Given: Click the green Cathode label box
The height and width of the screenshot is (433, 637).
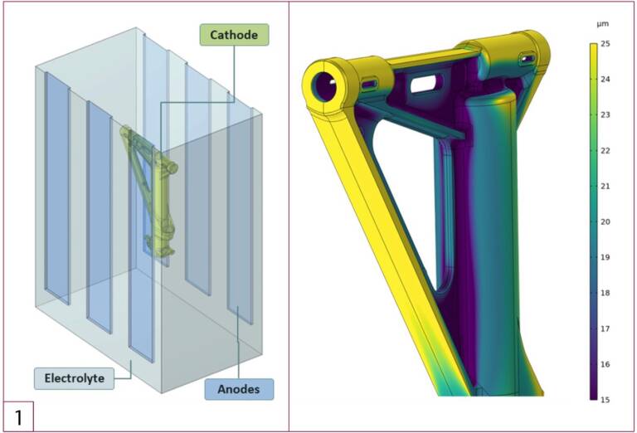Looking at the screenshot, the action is pos(234,35).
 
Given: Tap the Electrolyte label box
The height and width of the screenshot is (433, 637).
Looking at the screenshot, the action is pos(74,378).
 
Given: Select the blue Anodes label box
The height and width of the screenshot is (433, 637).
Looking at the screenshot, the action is pos(239,389).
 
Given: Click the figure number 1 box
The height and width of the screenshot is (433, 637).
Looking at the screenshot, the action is pos(19,416).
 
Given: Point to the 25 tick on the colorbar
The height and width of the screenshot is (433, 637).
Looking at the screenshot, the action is pos(605,44).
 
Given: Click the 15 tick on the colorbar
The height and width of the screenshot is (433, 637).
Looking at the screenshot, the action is pos(605,400).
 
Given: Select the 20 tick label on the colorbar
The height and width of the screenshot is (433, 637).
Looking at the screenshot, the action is pos(605,221).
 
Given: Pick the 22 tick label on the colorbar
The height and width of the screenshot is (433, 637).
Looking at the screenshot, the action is pos(605,151).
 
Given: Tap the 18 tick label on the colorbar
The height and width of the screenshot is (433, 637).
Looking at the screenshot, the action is pos(605,293).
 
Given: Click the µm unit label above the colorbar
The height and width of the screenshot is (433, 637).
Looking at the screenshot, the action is pos(603,24).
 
